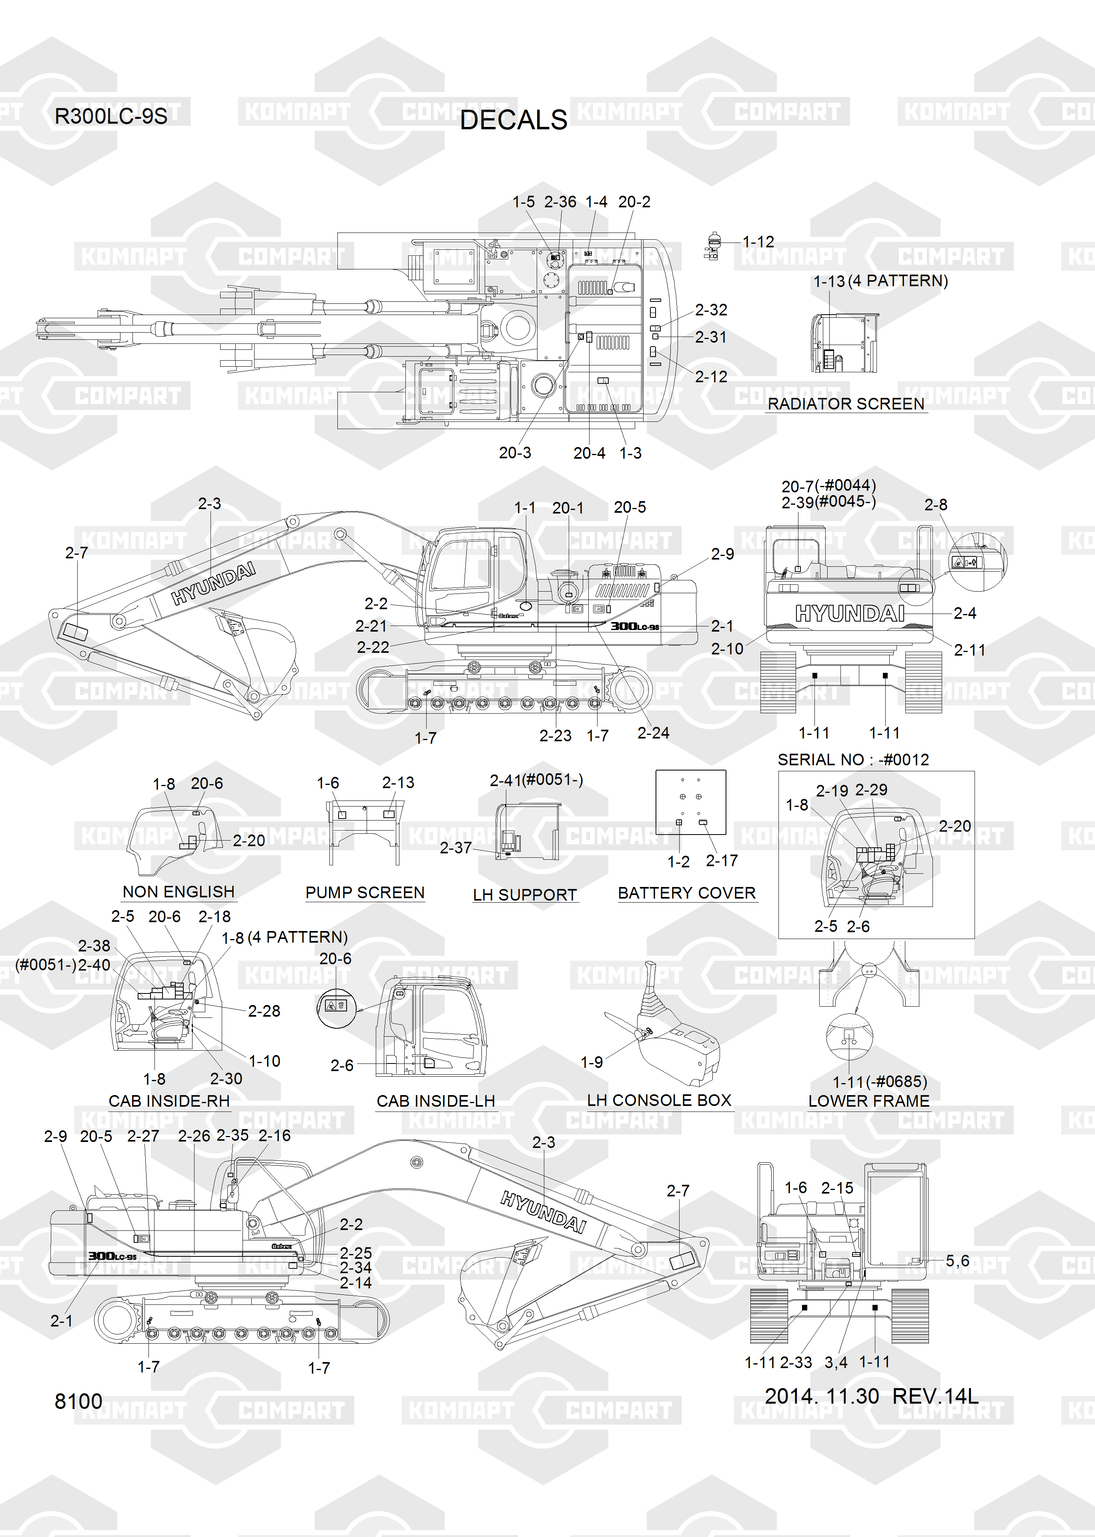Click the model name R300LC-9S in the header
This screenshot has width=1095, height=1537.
[110, 116]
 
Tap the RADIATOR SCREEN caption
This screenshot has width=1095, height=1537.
[846, 404]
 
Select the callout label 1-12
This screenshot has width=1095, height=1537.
[758, 241]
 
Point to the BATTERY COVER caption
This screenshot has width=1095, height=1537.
[686, 893]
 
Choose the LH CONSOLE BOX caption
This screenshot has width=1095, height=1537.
[659, 1100]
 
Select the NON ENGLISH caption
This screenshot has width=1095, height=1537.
[178, 892]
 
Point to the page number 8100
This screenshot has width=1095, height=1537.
[78, 1401]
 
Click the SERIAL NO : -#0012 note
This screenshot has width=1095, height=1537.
[853, 760]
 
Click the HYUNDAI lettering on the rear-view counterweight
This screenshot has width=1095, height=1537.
[850, 614]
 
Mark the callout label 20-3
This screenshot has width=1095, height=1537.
[514, 453]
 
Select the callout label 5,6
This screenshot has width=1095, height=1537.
[957, 1260]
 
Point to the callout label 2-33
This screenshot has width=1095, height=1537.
[796, 1362]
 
